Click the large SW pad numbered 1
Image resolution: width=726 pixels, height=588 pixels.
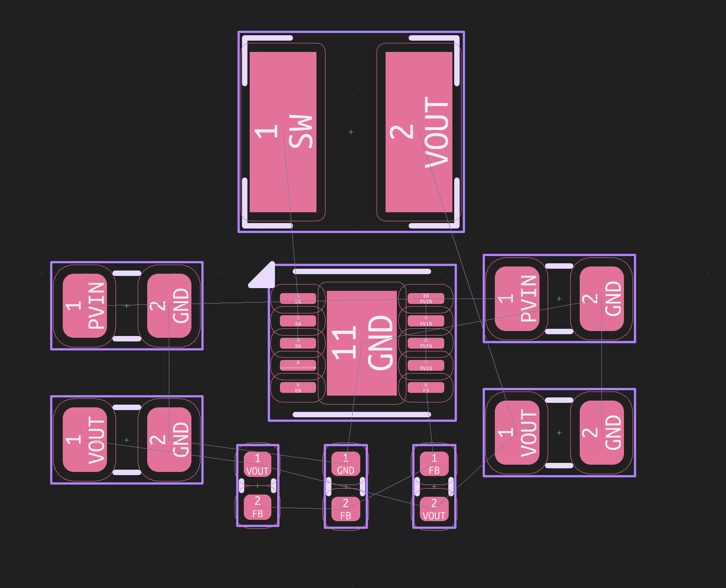283,132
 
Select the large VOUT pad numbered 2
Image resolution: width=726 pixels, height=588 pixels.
419,132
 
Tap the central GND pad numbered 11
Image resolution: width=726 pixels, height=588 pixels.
362,343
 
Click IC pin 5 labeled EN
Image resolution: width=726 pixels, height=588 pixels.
298,387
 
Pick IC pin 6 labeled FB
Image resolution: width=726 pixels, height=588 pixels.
426,387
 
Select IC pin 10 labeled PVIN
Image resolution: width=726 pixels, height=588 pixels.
426,299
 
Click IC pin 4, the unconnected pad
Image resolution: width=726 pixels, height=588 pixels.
298,365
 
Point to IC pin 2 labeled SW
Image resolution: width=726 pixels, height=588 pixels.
298,321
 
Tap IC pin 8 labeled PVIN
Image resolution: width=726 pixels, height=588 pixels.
426,343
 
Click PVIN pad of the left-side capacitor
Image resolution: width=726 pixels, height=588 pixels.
85,306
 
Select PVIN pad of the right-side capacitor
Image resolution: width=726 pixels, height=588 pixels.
517,299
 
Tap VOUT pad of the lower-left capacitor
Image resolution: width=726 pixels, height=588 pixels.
85,440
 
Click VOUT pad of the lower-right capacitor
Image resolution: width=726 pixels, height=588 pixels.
517,433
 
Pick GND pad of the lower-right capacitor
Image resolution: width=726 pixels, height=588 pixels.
602,433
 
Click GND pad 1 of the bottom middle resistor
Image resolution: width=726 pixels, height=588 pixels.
346,464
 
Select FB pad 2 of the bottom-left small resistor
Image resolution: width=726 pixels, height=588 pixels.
257,507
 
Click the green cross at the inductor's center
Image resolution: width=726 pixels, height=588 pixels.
351,132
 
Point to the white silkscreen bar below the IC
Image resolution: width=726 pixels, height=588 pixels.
362,415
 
